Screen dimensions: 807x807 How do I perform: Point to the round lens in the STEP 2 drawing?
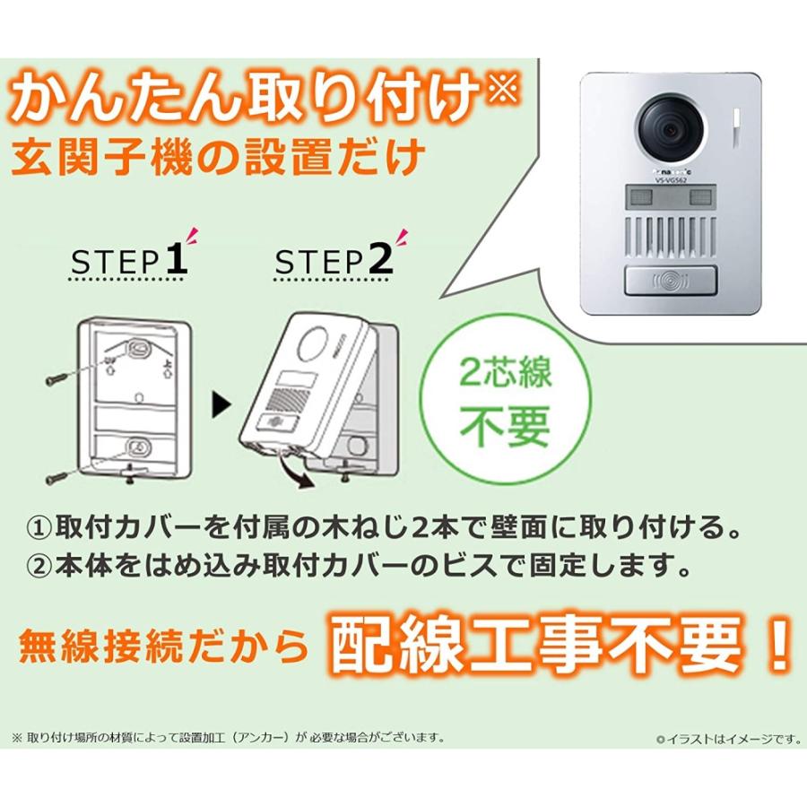coord(316,345)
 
